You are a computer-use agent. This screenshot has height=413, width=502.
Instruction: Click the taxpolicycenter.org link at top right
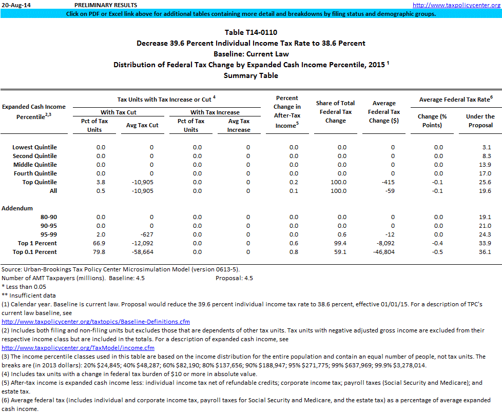tap(456, 5)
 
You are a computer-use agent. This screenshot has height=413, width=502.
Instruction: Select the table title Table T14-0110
tap(250, 33)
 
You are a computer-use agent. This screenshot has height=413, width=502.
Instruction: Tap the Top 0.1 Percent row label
tap(34, 252)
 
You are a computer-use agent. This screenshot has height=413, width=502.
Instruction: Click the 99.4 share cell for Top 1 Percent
tap(340, 243)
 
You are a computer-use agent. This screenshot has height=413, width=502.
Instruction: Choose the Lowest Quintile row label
tap(34, 147)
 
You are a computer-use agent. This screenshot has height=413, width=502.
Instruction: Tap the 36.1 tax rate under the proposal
tap(485, 252)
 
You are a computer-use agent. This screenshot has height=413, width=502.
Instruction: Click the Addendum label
tap(17, 208)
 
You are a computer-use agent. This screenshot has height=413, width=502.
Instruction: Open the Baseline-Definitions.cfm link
tap(96, 322)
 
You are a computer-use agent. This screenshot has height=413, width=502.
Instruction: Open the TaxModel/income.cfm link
tap(78, 348)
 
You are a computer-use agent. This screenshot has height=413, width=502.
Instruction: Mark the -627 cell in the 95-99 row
tap(145, 234)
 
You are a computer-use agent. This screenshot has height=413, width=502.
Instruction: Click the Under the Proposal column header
tap(480, 121)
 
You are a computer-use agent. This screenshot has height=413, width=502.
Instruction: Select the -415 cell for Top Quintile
tap(387, 182)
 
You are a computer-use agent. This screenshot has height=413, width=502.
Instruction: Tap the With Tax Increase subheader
tap(215, 112)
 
